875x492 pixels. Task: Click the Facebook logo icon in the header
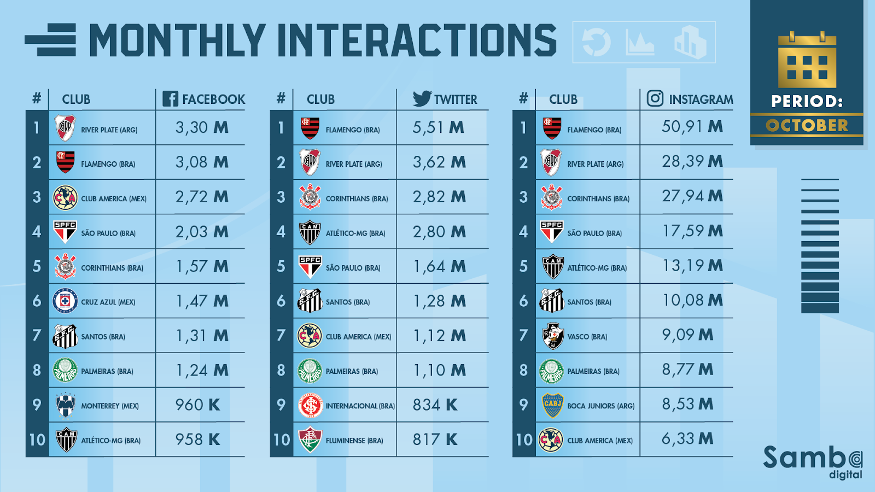point(170,99)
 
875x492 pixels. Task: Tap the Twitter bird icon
point(422,98)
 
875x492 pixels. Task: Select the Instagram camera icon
point(655,98)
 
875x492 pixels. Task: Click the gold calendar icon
point(807,60)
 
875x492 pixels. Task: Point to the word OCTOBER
point(807,126)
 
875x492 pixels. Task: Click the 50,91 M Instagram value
point(692,127)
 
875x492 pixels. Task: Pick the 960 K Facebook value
point(197,405)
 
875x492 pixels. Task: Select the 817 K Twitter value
point(435,440)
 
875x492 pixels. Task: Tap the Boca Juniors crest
point(552,405)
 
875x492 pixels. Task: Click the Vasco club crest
point(552,336)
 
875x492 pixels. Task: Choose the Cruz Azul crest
point(65,301)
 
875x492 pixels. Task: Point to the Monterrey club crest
point(65,405)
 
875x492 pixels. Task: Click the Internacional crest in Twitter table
point(310,405)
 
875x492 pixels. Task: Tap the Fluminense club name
point(354,441)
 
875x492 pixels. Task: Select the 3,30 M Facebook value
point(201,128)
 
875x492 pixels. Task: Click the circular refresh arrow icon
point(596,42)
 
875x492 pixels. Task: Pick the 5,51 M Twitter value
point(438,128)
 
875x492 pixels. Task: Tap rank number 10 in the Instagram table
point(524,440)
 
